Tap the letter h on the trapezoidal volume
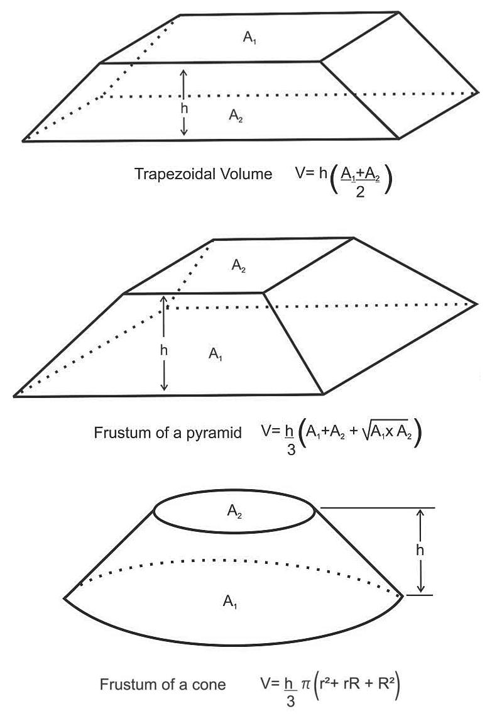(x=184, y=108)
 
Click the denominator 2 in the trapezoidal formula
(x=358, y=191)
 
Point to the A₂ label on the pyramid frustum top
(x=238, y=267)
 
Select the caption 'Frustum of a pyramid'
(x=168, y=433)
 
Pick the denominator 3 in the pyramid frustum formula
(x=291, y=450)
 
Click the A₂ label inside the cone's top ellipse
(x=234, y=512)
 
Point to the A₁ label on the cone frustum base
(x=230, y=602)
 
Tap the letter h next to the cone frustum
(x=419, y=549)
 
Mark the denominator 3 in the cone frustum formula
(x=291, y=702)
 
